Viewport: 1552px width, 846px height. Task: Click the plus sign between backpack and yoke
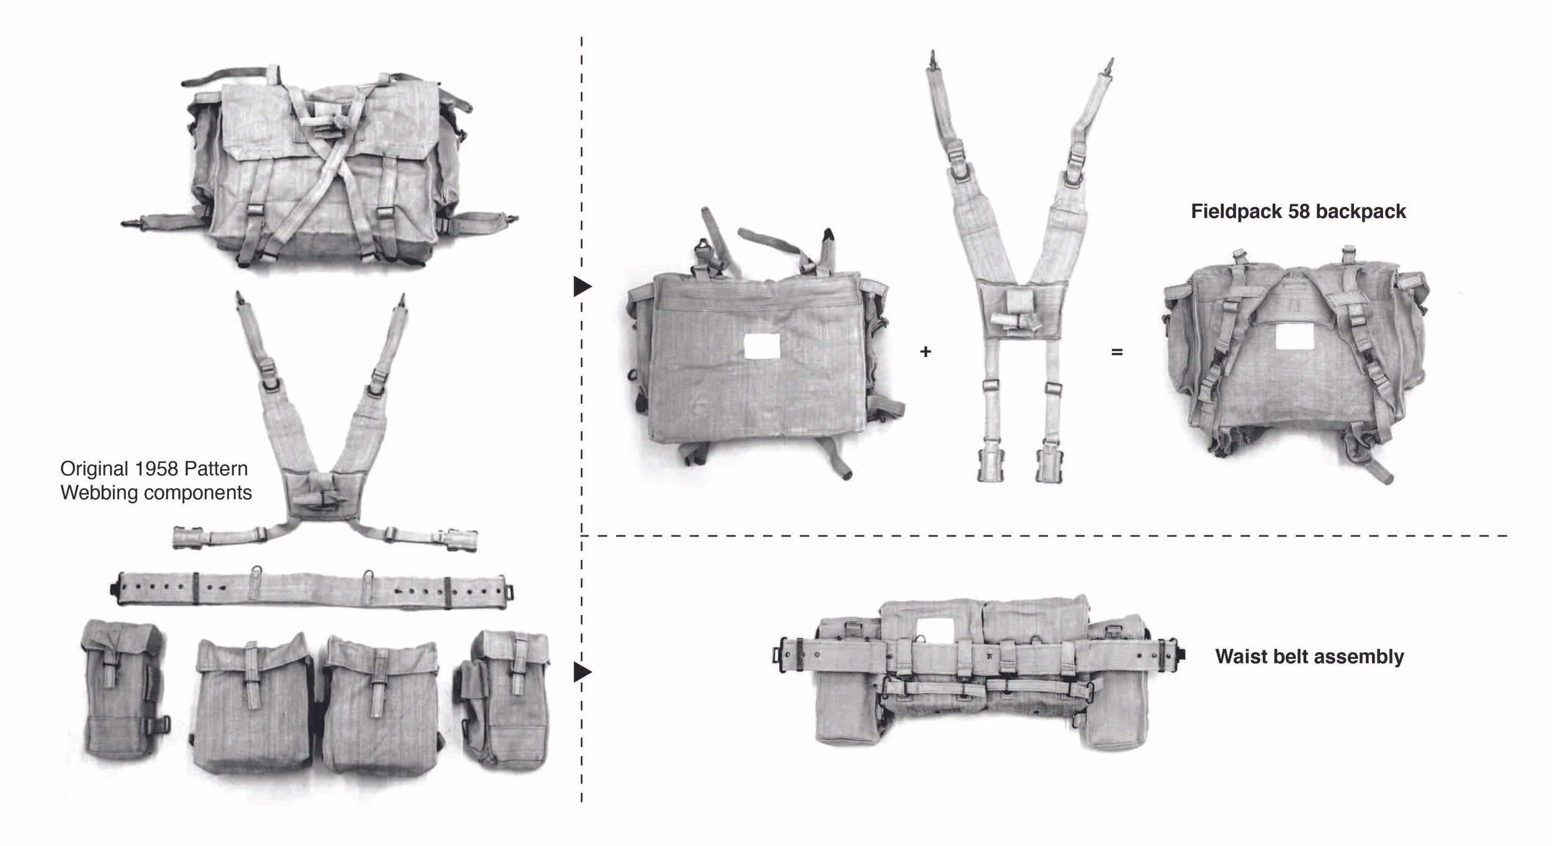[x=925, y=352]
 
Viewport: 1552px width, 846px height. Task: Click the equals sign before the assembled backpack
[x=1117, y=352]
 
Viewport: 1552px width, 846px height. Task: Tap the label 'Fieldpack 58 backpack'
[x=1298, y=211]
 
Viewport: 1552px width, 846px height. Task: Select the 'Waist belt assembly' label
[x=1309, y=657]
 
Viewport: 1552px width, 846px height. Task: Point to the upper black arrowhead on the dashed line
[x=582, y=286]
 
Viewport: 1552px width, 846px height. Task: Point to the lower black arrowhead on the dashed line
[x=582, y=671]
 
